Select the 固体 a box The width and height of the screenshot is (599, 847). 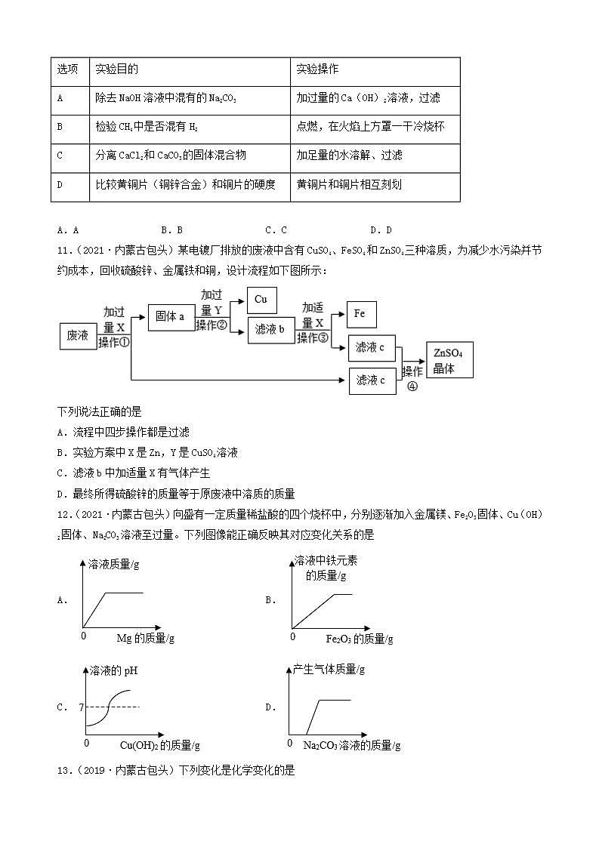(171, 316)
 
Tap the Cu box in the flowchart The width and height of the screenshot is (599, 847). (261, 300)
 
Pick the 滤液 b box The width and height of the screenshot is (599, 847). (270, 330)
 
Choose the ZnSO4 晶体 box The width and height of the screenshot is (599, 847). (449, 361)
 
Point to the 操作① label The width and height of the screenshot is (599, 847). (114, 341)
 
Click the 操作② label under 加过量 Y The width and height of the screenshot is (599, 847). (212, 325)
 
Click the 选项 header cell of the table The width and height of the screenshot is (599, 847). (69, 69)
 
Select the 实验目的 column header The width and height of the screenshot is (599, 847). (117, 69)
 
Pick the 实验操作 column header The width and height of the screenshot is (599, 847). (318, 69)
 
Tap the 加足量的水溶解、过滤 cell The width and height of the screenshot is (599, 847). (350, 156)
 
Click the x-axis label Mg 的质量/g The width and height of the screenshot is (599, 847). (145, 639)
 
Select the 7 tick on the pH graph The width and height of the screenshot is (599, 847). (81, 707)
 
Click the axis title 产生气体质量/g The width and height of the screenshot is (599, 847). (329, 669)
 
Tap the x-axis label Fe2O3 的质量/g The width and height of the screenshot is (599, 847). (359, 639)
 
